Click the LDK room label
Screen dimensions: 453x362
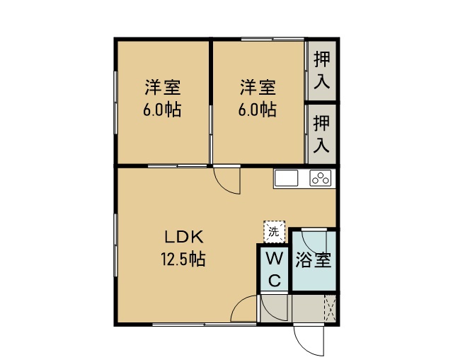[184, 237]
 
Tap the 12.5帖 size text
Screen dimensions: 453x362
[183, 259]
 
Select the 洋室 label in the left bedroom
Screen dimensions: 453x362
[163, 87]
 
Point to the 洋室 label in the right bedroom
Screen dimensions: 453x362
[258, 87]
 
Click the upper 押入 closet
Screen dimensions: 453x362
[321, 71]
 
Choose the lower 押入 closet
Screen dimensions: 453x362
[321, 134]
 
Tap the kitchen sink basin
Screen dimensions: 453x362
[286, 178]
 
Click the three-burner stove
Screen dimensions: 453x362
[321, 178]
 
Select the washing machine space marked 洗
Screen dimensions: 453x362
[274, 231]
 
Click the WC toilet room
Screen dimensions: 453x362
[274, 269]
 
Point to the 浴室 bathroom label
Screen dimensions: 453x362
[313, 260]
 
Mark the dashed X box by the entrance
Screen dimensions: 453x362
[330, 308]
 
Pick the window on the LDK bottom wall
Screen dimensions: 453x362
[205, 325]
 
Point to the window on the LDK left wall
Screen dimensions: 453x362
[115, 245]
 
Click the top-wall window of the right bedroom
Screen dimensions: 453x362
[273, 39]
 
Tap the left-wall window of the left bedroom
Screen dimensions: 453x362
[115, 103]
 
